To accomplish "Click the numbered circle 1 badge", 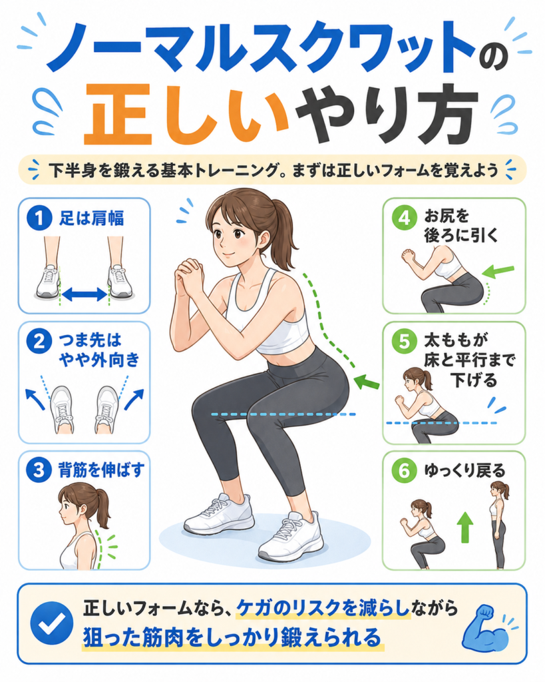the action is click(39, 218).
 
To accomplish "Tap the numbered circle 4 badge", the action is click(405, 218).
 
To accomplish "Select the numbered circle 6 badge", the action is click(404, 471).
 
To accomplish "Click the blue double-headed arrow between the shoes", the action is click(85, 294).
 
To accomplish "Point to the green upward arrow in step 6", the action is click(465, 527).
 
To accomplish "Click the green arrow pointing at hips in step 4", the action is click(498, 271).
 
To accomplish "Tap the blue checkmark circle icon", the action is click(52, 623).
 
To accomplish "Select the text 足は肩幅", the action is click(92, 218).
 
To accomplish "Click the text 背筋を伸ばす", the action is click(101, 470).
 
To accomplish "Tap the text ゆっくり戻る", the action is click(465, 471).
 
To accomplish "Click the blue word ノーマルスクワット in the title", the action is click(261, 48).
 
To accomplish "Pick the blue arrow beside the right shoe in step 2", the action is click(134, 399).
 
